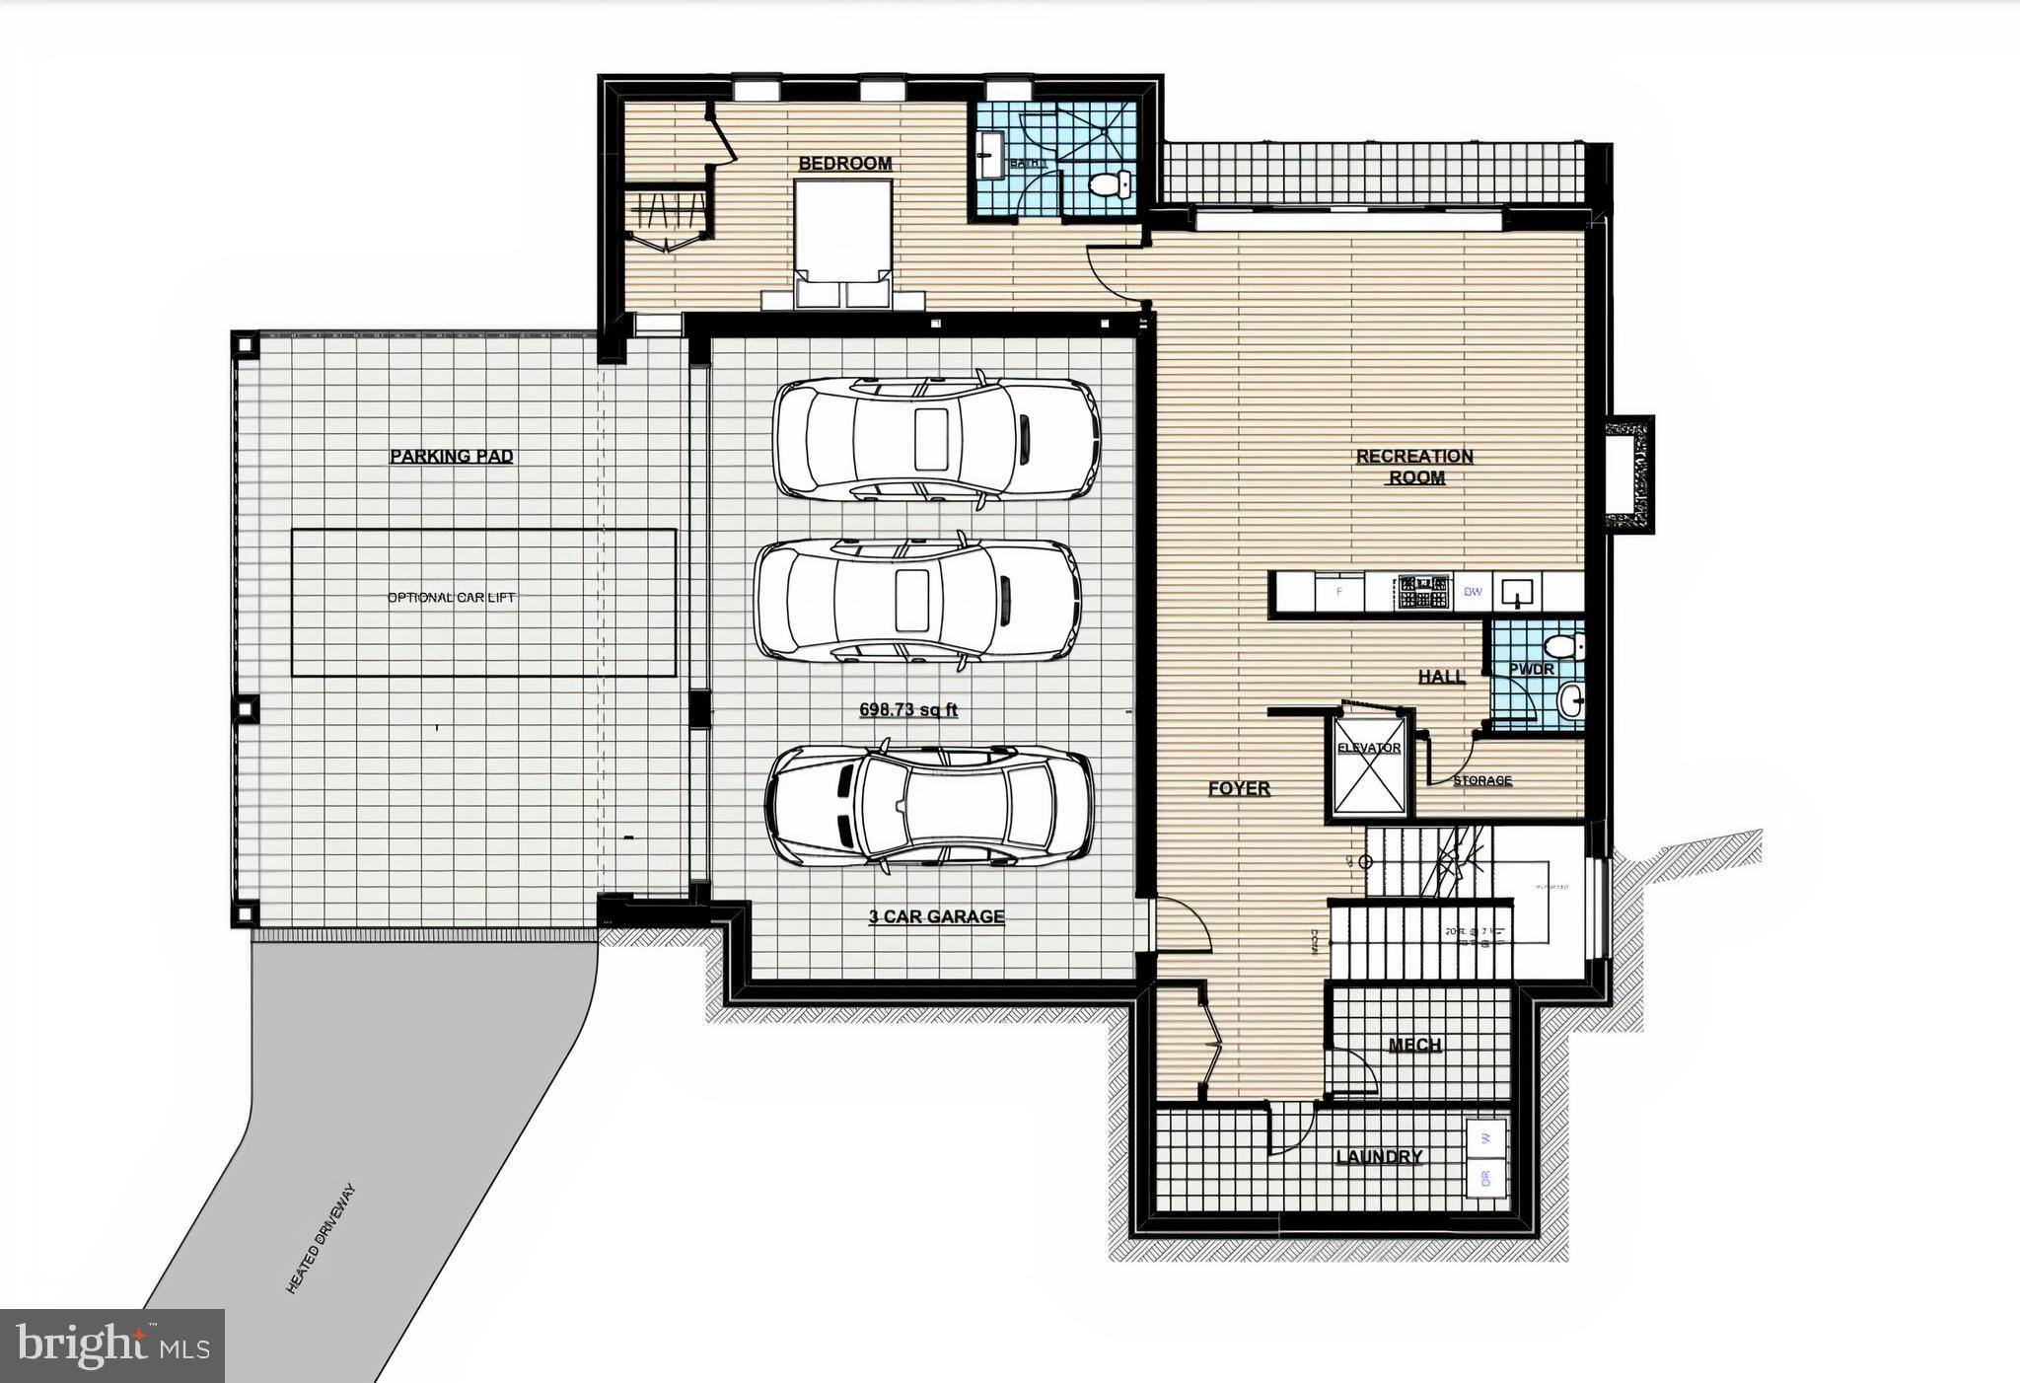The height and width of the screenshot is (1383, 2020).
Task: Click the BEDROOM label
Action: coord(844,164)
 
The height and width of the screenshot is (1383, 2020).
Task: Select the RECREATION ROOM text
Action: coord(1414,467)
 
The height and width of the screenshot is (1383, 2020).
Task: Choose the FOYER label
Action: coord(1239,789)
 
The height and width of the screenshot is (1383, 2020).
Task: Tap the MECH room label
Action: coord(1414,1045)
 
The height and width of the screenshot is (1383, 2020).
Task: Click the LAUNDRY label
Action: coord(1378,1157)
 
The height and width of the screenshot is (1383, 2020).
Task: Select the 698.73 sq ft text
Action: coord(908,709)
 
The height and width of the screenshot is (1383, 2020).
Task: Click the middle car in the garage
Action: coord(916,599)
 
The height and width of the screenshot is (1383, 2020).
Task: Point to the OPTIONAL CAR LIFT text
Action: coord(451,598)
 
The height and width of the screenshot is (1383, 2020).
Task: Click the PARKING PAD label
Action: coord(451,457)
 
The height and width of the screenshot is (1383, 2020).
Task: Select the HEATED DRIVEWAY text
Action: coord(319,1239)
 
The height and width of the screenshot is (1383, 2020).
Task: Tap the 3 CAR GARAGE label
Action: coord(935,916)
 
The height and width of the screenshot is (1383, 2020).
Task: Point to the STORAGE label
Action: coord(1481,780)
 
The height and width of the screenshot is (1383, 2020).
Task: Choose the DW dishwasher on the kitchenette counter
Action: coord(1473,592)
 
